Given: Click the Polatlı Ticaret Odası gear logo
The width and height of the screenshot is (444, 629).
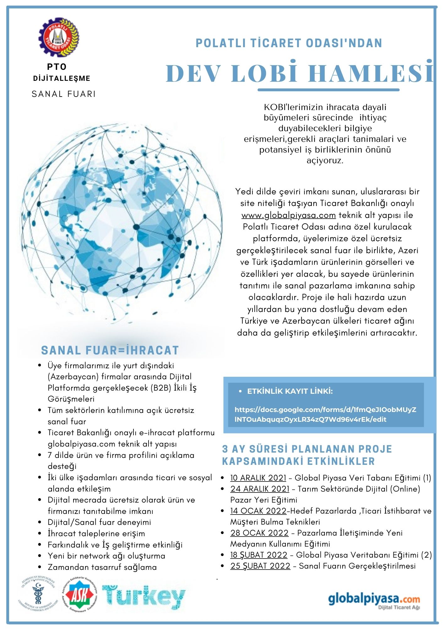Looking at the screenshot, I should [x=59, y=37].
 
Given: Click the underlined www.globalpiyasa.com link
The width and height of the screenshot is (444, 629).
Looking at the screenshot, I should [x=289, y=215].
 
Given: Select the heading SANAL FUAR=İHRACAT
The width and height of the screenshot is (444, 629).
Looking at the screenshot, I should [x=110, y=350].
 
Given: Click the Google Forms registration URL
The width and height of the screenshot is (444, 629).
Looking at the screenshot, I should [x=325, y=415].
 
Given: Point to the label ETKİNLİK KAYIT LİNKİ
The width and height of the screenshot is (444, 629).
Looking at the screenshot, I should [x=290, y=392].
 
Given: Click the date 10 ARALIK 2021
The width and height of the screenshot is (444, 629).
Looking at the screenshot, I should [x=258, y=478].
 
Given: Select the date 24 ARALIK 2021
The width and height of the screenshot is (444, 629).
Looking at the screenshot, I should [x=260, y=489].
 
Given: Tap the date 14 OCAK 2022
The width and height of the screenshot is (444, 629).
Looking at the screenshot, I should [x=258, y=511].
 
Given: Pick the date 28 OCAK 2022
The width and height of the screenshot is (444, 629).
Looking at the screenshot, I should [x=259, y=533].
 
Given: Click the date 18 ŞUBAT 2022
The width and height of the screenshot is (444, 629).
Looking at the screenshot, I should [x=259, y=555].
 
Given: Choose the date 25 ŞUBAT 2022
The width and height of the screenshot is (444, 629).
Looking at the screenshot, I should [x=260, y=566].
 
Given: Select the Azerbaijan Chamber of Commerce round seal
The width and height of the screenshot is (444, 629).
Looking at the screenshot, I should [x=38, y=595].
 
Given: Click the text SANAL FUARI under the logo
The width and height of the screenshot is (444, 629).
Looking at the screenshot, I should [x=64, y=94].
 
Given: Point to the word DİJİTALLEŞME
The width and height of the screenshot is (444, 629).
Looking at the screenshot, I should [x=62, y=79].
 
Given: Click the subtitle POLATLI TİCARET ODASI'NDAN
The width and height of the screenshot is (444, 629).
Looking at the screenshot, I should [x=289, y=43].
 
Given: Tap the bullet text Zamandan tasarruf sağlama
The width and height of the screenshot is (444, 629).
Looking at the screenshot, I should [x=102, y=567].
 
